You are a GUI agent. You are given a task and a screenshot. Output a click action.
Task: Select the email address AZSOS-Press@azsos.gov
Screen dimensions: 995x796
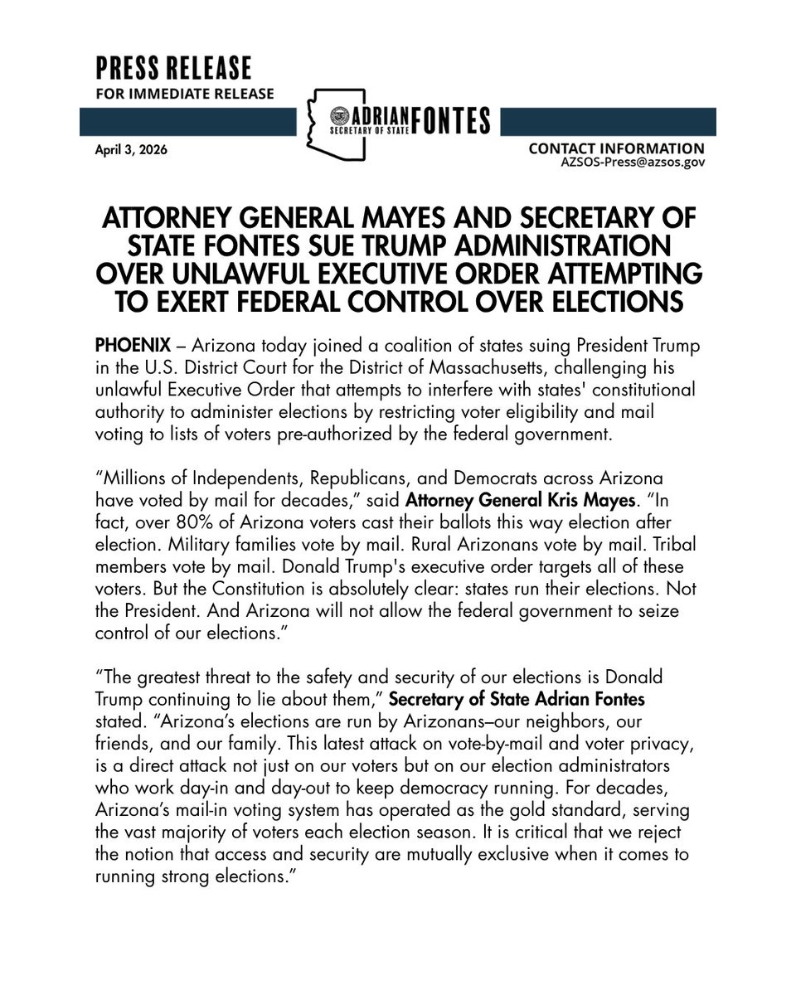pyautogui.click(x=633, y=163)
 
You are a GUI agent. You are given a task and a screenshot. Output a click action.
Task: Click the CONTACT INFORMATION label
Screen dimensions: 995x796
pyautogui.click(x=616, y=148)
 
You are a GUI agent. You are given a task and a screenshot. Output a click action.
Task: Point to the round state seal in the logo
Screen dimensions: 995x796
pyautogui.click(x=341, y=114)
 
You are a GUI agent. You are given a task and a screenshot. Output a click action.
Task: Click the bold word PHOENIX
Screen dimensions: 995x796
pyautogui.click(x=125, y=344)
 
